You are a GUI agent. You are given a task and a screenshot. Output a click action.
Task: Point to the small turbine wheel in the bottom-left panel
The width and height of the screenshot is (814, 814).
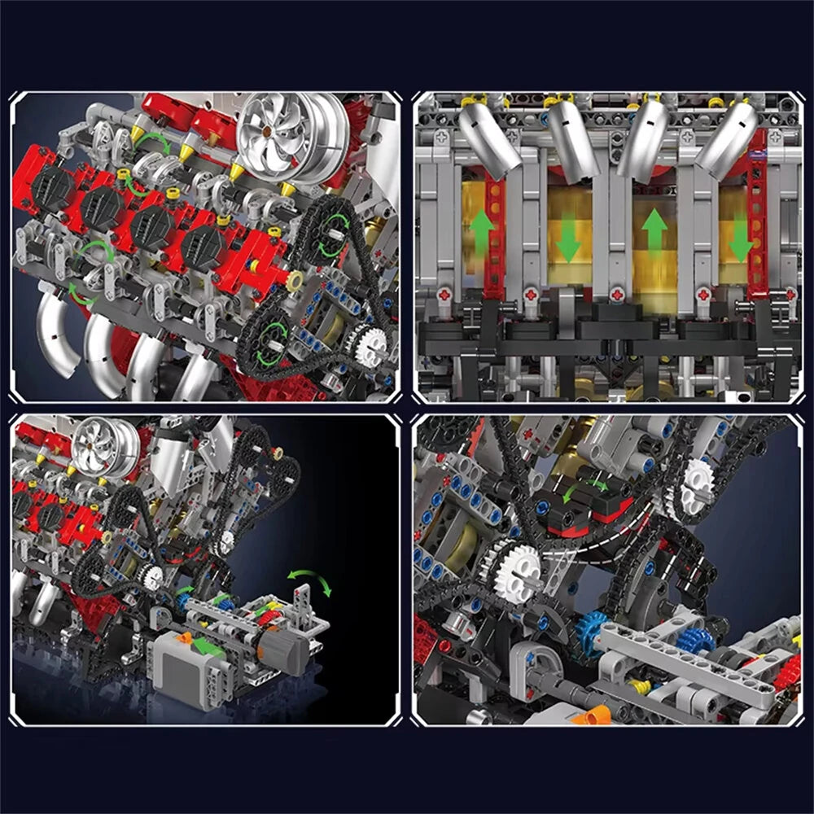coord(104,448)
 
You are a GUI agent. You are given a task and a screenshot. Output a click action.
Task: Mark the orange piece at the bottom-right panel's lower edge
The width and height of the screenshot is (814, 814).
coord(592,713)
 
